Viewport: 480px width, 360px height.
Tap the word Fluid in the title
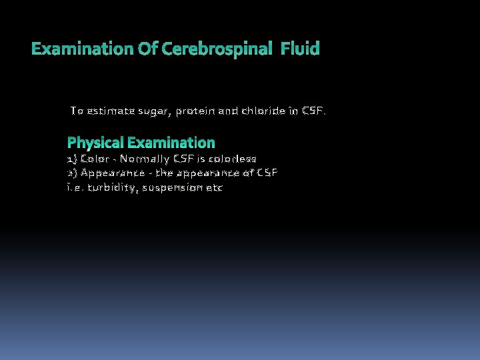300,49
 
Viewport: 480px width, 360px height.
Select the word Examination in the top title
73,49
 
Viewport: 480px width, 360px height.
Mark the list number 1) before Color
72,159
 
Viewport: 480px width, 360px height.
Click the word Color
95,159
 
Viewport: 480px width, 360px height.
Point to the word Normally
144,159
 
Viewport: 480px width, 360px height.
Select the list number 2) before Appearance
72,173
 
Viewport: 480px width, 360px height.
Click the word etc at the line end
215,188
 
